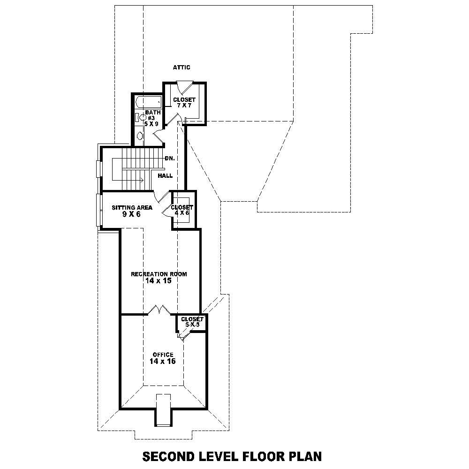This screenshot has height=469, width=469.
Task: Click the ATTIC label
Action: click(182, 68)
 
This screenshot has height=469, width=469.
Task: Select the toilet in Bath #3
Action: click(142, 118)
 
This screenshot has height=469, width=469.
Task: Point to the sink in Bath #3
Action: click(140, 136)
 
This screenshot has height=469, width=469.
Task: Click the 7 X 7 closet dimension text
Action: click(184, 106)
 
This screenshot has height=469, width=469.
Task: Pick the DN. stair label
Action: click(170, 159)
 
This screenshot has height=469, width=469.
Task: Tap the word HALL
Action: click(165, 176)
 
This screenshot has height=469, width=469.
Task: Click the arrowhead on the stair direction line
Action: click(142, 180)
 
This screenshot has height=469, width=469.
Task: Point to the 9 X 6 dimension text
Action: click(131, 214)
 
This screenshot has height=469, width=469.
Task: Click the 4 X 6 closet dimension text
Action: click(182, 213)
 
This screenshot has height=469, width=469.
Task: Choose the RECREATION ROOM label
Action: click(159, 274)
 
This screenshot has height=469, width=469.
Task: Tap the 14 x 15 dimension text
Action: click(159, 281)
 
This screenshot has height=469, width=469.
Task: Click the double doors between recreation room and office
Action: click(160, 310)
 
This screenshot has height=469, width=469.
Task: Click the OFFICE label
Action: click(163, 355)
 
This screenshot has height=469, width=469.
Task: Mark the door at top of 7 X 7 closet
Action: click(183, 87)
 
